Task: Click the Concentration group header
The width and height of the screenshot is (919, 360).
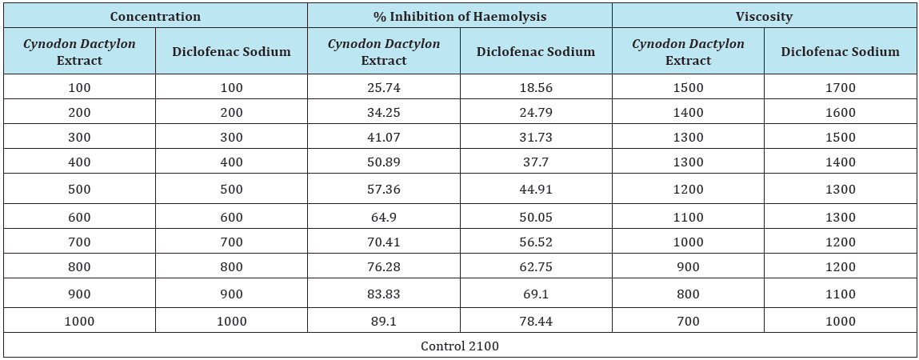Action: point(155,17)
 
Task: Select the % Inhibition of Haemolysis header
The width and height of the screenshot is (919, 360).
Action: point(460,17)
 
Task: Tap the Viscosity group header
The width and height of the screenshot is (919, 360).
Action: point(765,17)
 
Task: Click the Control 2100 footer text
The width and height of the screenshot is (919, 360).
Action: point(460,346)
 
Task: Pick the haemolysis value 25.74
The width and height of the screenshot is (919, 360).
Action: point(384,88)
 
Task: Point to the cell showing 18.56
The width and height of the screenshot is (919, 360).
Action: point(536,88)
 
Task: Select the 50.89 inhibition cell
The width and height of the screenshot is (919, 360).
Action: point(384,162)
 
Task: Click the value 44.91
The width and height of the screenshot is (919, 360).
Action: point(536,190)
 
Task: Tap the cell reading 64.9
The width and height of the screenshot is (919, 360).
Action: point(384,218)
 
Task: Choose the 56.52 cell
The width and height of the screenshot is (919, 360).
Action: point(536,242)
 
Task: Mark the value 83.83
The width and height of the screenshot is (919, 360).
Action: point(384,294)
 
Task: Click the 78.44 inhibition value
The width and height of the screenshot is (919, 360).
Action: point(536,322)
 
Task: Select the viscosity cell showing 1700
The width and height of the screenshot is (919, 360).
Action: point(841,88)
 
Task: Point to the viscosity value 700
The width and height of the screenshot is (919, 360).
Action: point(688,322)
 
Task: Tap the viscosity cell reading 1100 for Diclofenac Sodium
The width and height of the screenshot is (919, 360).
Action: point(841,294)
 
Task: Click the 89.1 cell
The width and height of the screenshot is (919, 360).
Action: point(384,322)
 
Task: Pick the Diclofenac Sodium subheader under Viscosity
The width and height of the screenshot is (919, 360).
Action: point(841,51)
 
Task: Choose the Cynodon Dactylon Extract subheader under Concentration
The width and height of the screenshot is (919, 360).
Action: point(80,51)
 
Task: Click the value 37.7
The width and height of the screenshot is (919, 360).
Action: point(536,162)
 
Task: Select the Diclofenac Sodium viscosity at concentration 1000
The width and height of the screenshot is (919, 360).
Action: point(841,322)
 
